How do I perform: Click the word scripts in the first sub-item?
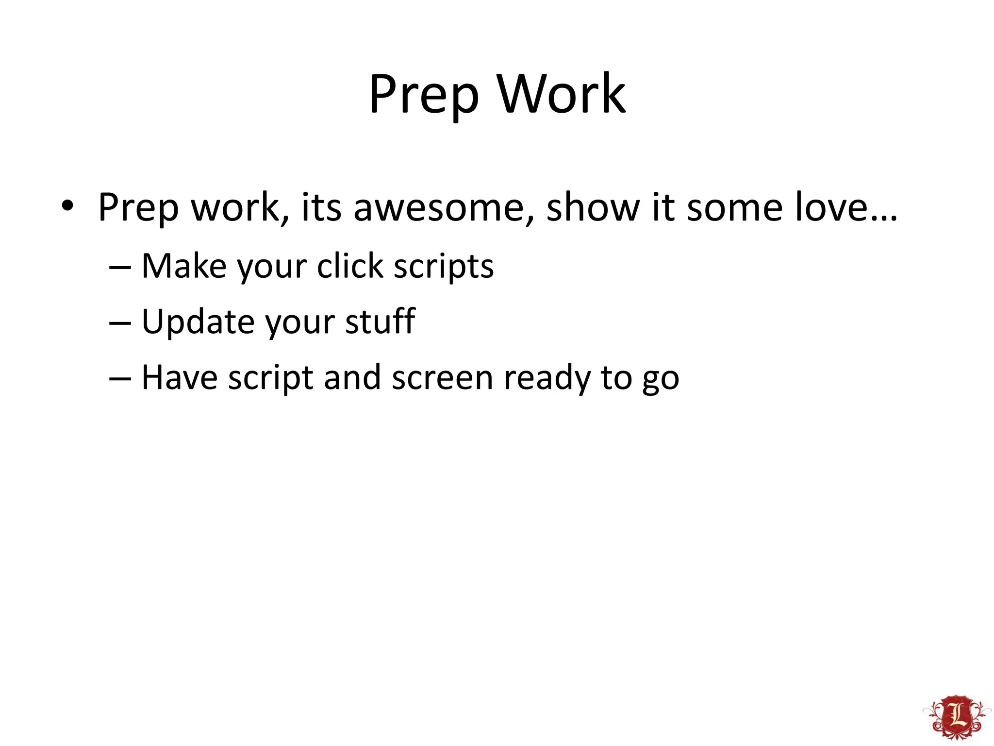coord(443,267)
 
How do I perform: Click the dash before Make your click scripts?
coord(120,268)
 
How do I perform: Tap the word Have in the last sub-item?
coord(179,377)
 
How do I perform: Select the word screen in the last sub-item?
coord(442,378)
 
